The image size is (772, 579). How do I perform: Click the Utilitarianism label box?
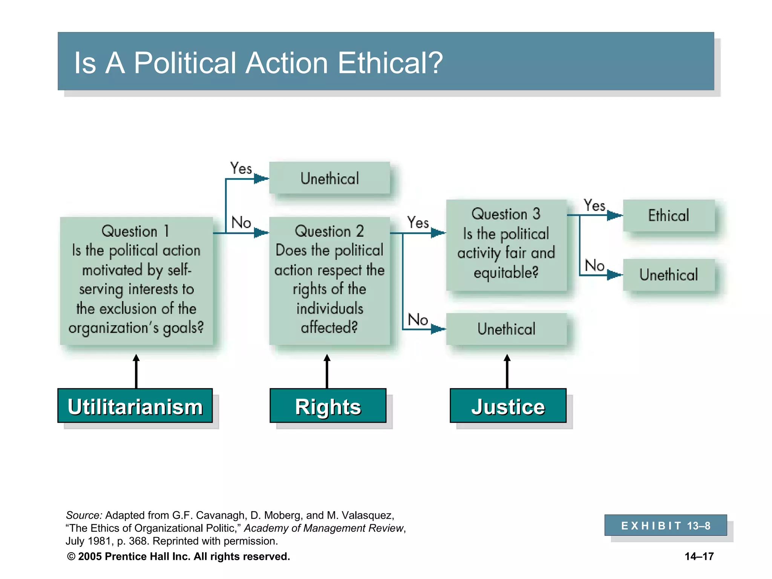coord(135,406)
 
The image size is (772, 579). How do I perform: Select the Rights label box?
coord(328,406)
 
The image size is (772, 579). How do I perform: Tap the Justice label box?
coord(508,406)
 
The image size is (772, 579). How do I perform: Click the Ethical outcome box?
coord(668,215)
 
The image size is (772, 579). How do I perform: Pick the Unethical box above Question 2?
coord(329,178)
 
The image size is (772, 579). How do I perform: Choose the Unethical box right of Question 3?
coord(668,275)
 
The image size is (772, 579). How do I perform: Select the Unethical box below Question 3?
coord(506,329)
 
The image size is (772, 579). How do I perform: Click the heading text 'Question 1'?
coord(135,231)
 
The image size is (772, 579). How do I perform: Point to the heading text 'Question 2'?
coord(329,231)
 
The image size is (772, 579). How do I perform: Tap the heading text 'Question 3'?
coord(506,214)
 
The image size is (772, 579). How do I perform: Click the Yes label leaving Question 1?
coord(241,168)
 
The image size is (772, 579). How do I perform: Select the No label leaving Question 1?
coord(241,222)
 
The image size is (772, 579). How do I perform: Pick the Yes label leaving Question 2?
coord(418,222)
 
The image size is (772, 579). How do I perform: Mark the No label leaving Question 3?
coord(594,265)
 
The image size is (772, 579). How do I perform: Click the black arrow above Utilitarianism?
coord(136,371)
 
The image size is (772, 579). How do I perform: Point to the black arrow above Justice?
coord(507,371)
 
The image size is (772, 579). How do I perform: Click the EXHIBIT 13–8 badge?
coord(665,525)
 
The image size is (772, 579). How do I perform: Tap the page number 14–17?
coord(699,556)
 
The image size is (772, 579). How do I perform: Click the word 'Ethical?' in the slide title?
coord(390,63)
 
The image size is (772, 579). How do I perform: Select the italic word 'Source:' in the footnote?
coord(84,515)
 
